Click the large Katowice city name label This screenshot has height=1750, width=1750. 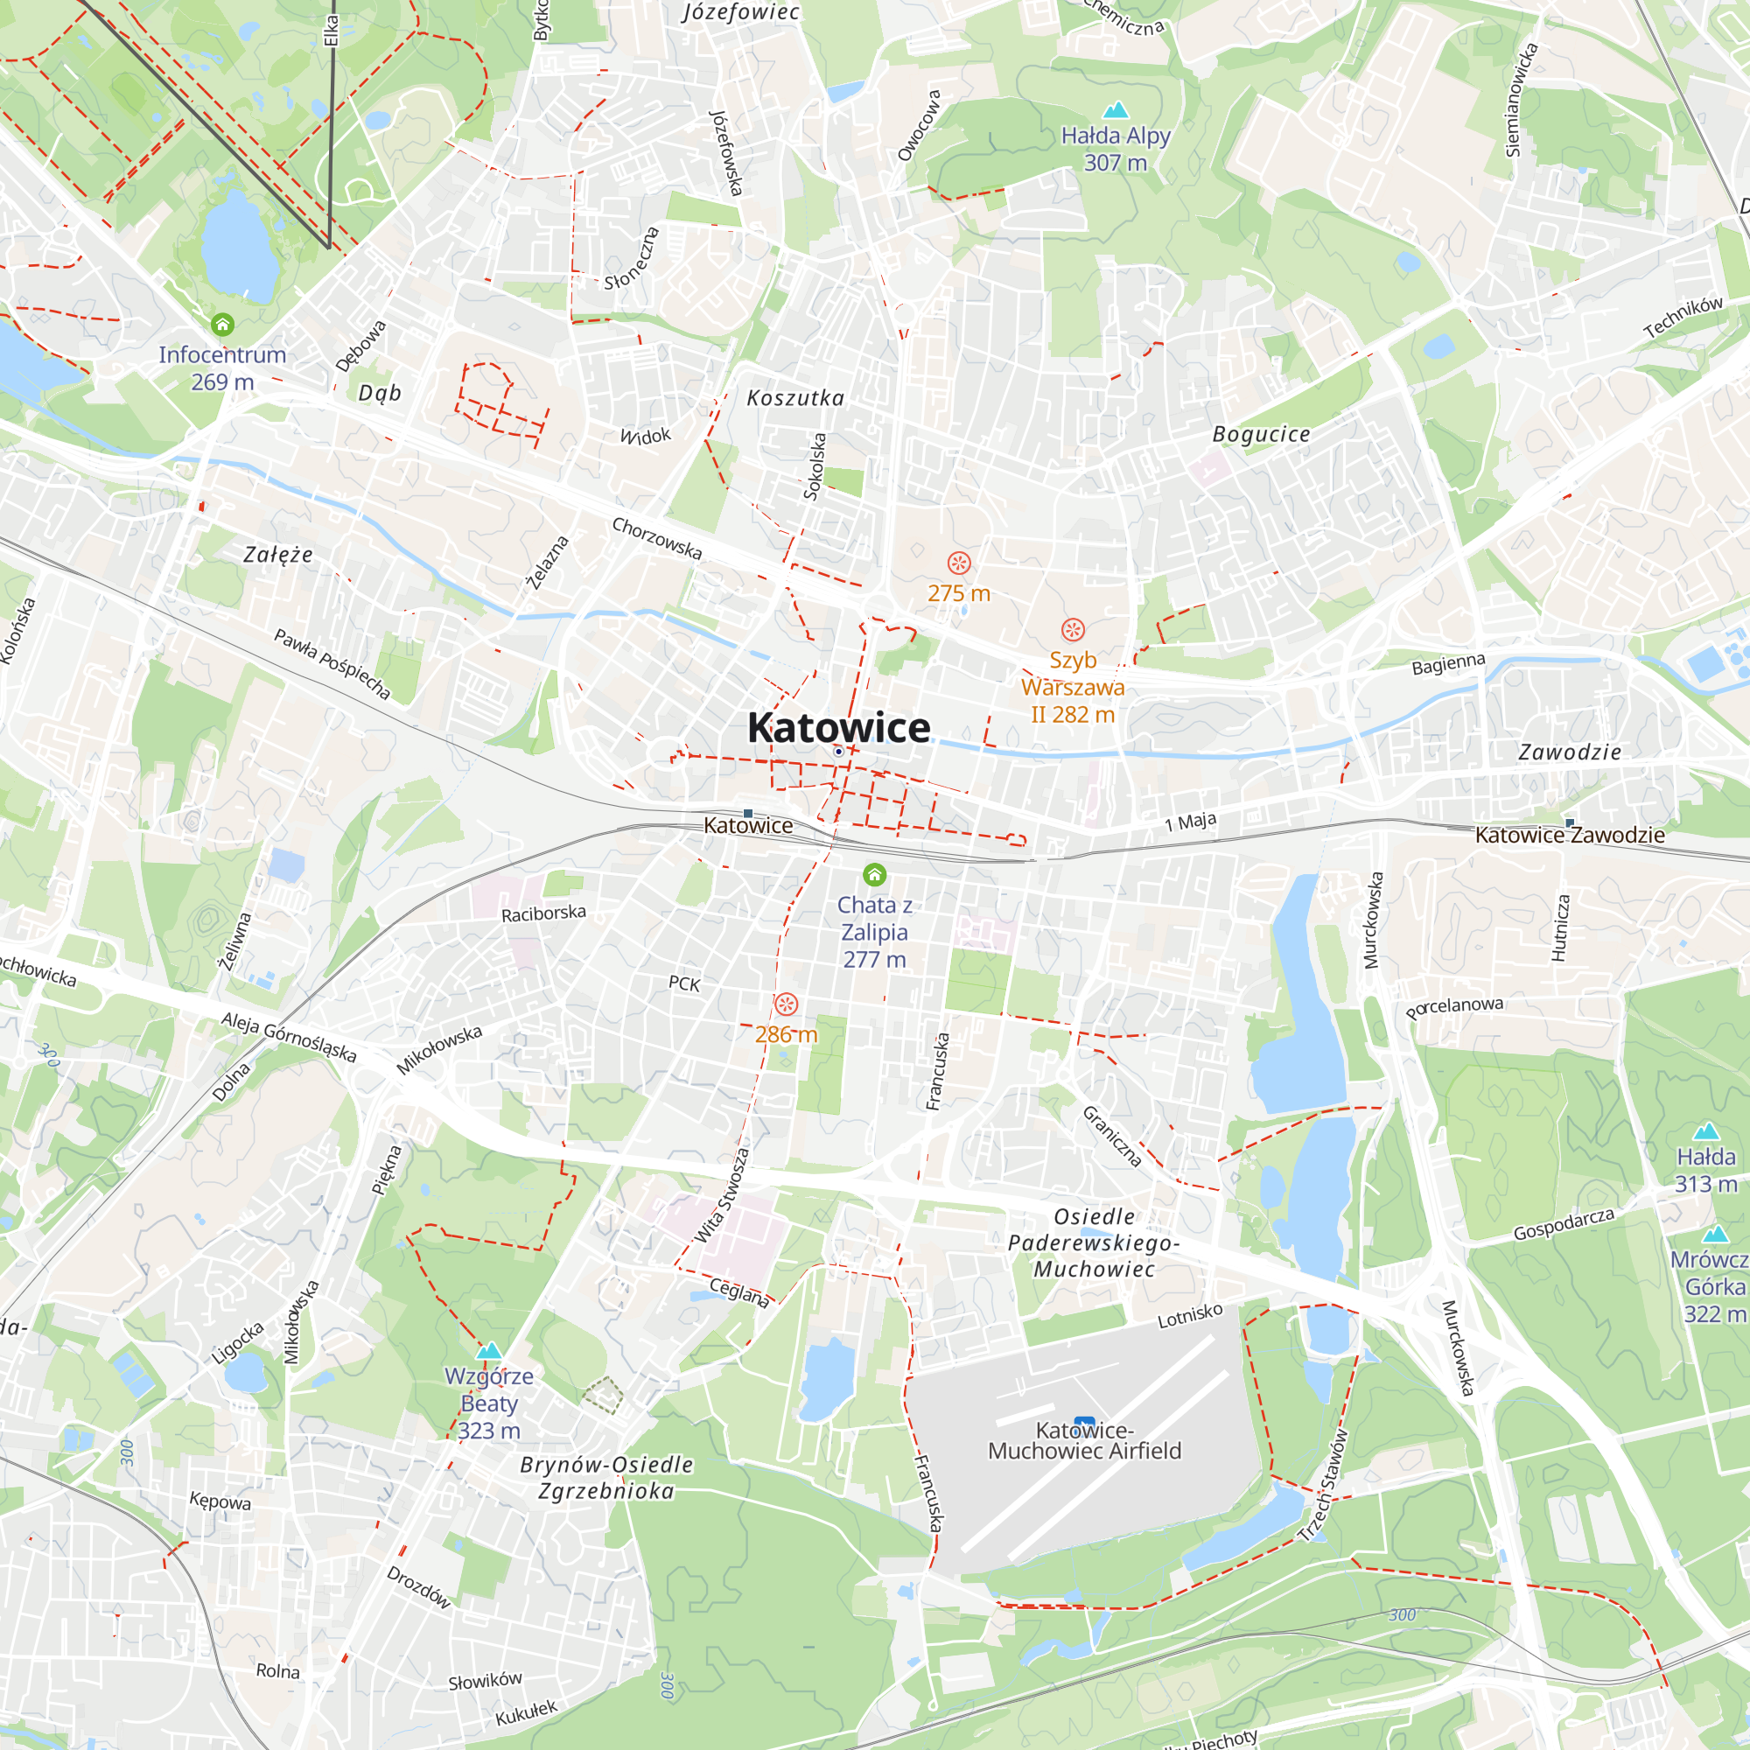click(x=838, y=727)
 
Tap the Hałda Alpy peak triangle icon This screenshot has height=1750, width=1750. click(x=1116, y=109)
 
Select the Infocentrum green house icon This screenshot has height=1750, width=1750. click(x=222, y=324)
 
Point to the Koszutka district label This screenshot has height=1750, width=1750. click(x=795, y=397)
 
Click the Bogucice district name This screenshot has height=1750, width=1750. click(x=1261, y=434)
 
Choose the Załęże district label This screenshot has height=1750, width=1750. click(x=278, y=555)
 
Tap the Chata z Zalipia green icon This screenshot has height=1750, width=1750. click(x=874, y=874)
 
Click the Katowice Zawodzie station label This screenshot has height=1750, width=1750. click(x=1570, y=834)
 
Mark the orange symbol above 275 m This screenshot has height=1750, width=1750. click(x=958, y=563)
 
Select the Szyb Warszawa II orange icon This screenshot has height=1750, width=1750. click(x=1073, y=629)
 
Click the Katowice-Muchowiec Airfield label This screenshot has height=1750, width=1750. click(x=1084, y=1440)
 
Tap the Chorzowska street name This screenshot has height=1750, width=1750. click(x=657, y=538)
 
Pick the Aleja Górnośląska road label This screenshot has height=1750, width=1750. click(x=289, y=1037)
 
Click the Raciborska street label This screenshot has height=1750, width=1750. click(x=543, y=913)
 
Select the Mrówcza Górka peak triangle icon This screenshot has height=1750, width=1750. click(x=1715, y=1234)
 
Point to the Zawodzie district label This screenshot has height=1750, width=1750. click(x=1570, y=752)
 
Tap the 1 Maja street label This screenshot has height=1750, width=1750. click(x=1190, y=822)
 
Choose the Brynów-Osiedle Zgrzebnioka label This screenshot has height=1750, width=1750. click(x=606, y=1477)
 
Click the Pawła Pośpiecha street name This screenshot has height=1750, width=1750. click(x=332, y=664)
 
